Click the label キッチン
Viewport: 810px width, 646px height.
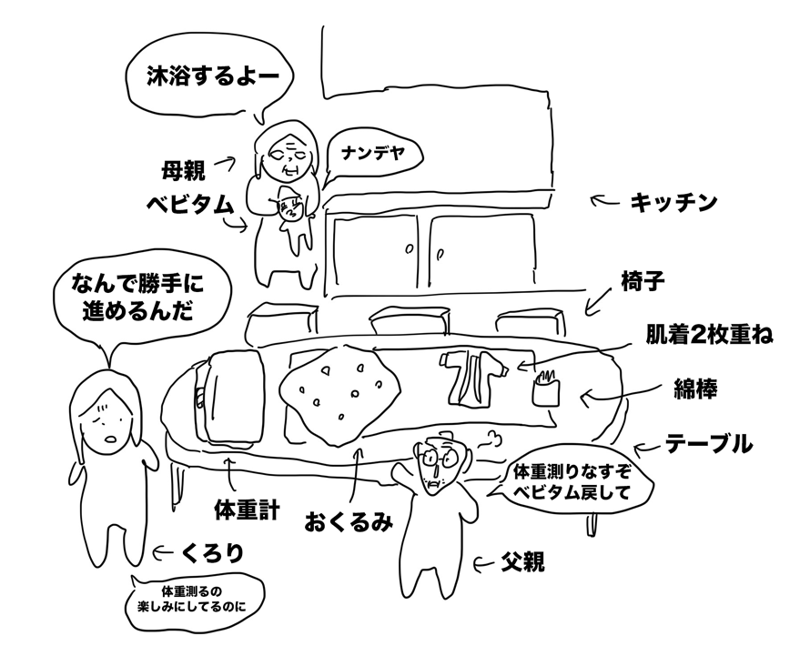pos(673,202)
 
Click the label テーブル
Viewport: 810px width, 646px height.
pos(708,446)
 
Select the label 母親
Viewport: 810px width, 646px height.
pos(183,168)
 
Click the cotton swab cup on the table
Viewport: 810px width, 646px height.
pos(545,389)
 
